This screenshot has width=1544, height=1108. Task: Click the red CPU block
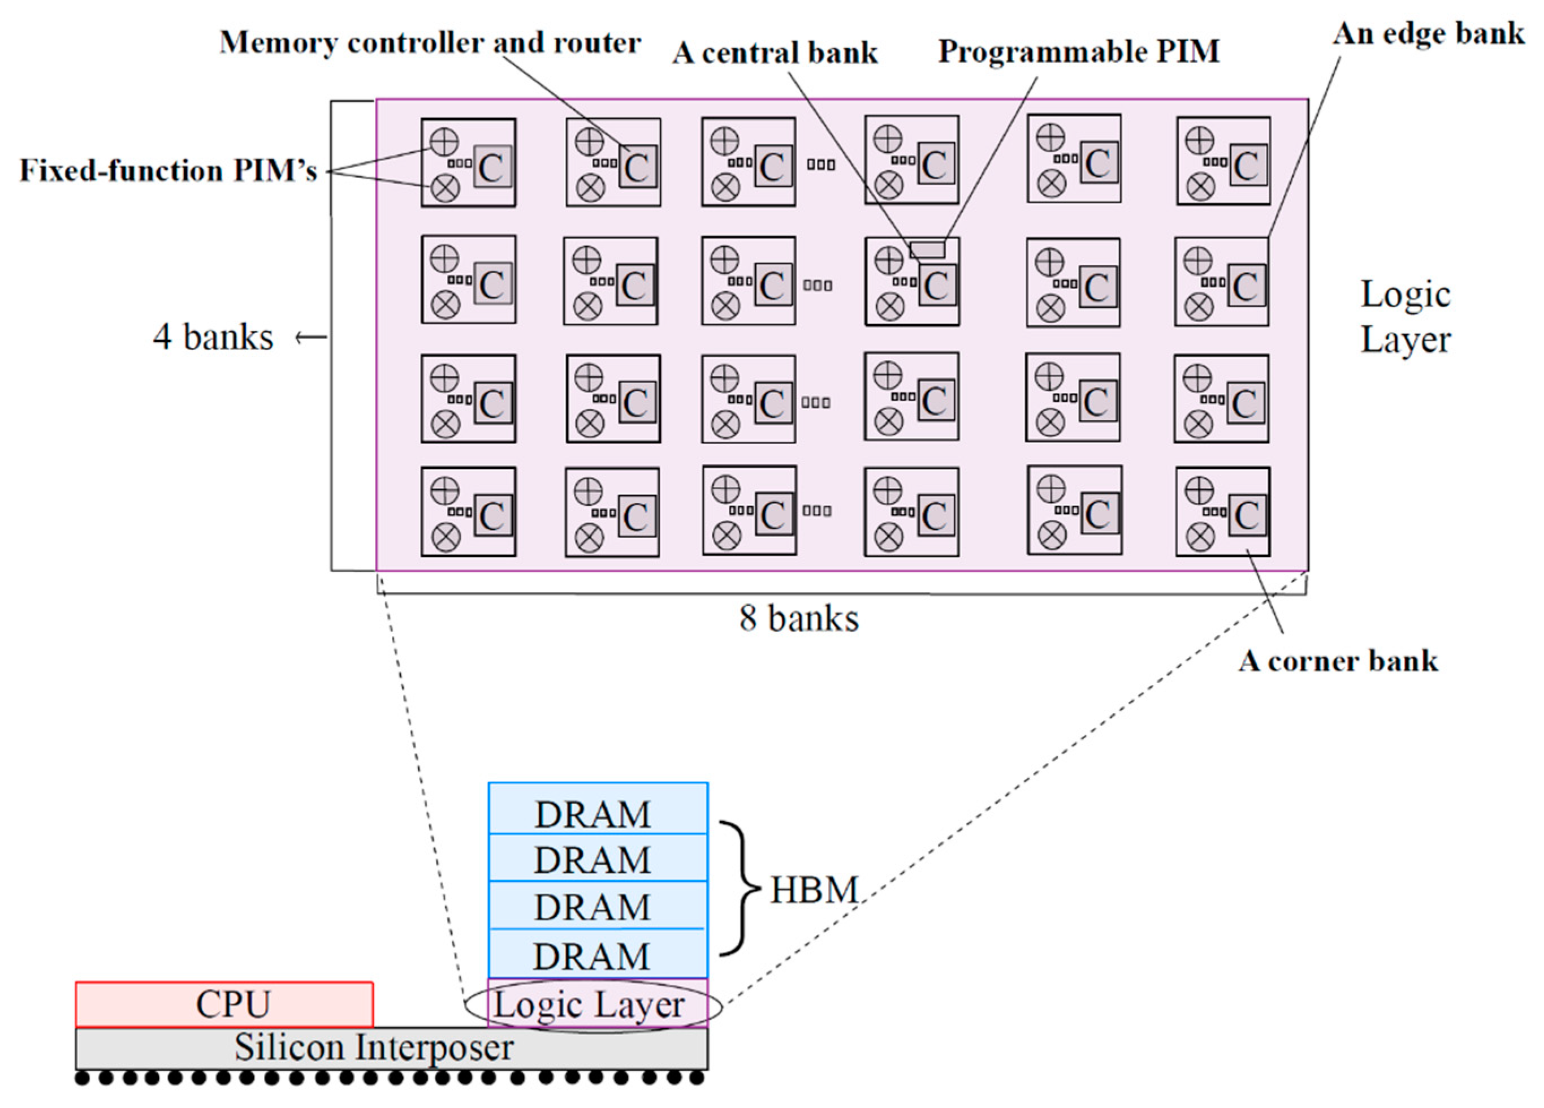click(224, 1003)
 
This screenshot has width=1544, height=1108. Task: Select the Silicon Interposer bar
click(391, 1048)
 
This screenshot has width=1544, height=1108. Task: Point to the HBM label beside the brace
click(814, 889)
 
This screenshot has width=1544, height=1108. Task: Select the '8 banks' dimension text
click(798, 618)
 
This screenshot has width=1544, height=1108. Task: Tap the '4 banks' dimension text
click(213, 337)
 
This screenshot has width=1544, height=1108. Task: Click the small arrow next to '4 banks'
click(310, 337)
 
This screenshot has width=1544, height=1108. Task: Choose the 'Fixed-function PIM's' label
click(168, 170)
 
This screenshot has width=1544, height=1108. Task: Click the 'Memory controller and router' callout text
click(430, 42)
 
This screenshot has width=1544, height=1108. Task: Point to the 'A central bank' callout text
click(775, 53)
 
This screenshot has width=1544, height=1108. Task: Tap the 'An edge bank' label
click(1428, 33)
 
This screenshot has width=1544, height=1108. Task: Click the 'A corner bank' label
click(1338, 661)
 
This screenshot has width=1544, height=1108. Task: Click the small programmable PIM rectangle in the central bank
click(927, 249)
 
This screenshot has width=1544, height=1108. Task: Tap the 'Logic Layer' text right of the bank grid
click(1405, 317)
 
